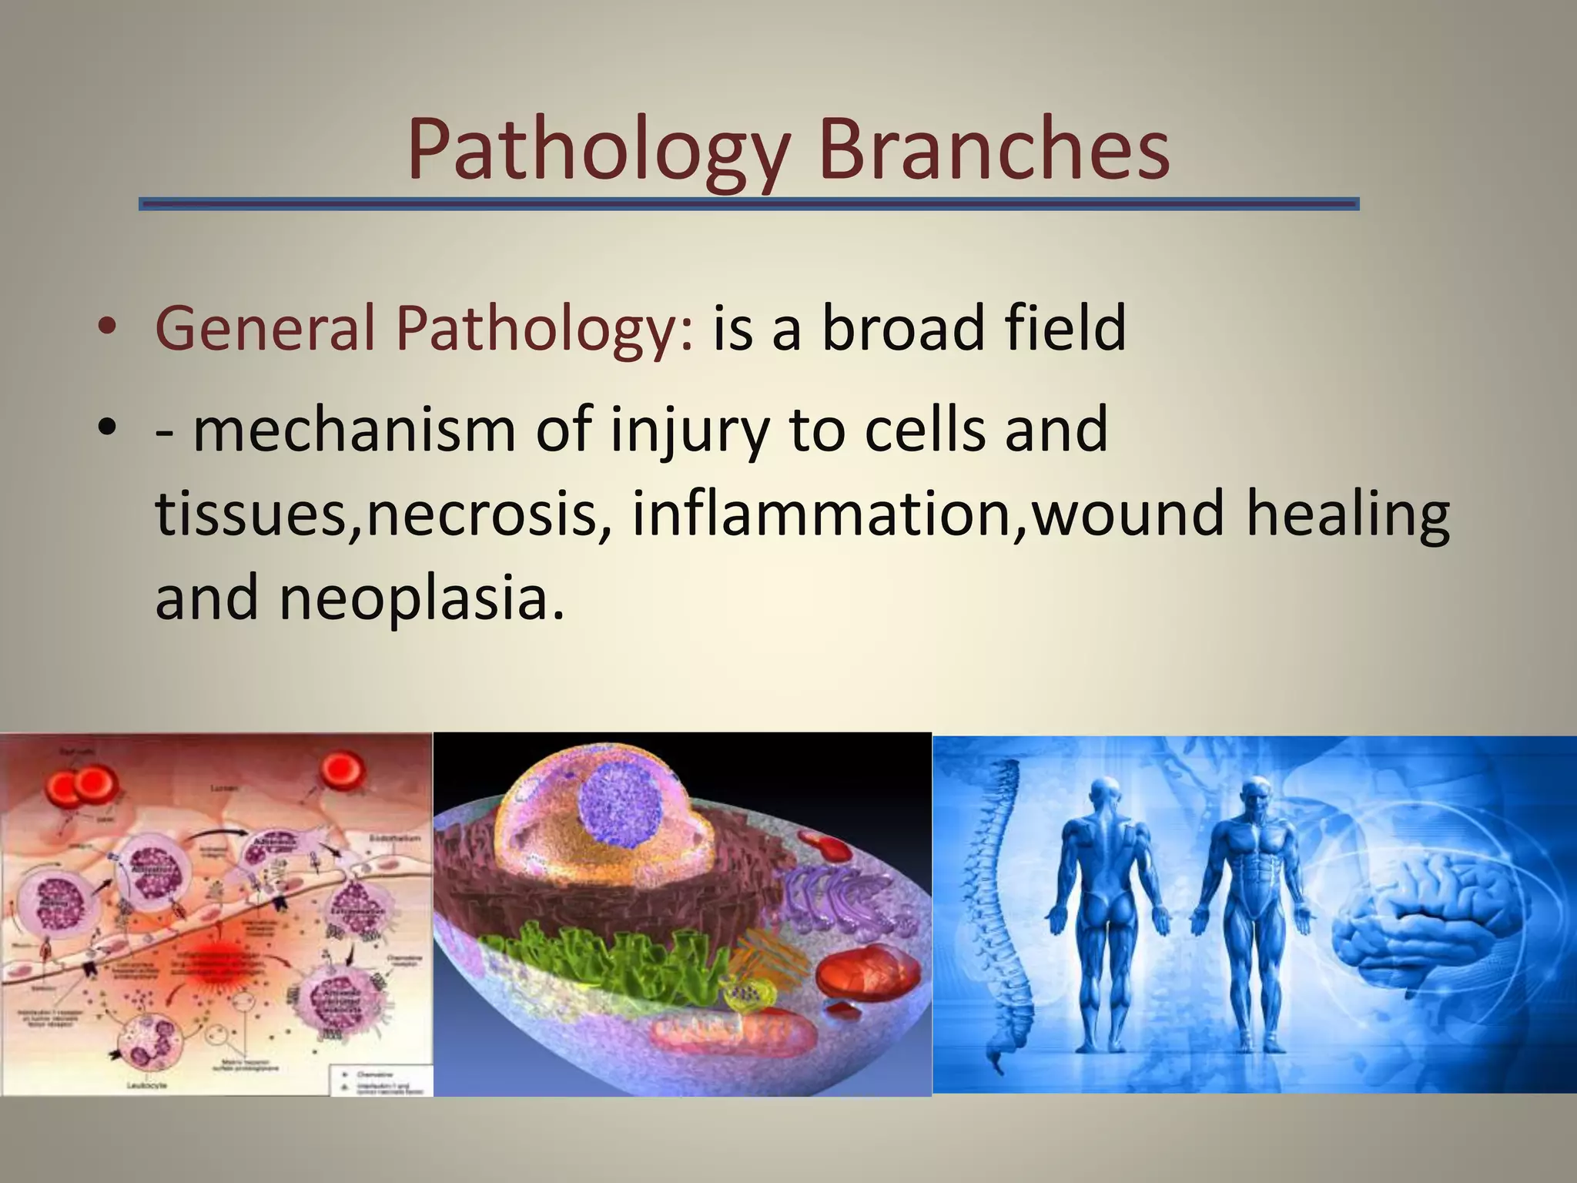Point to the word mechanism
[x=353, y=429]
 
